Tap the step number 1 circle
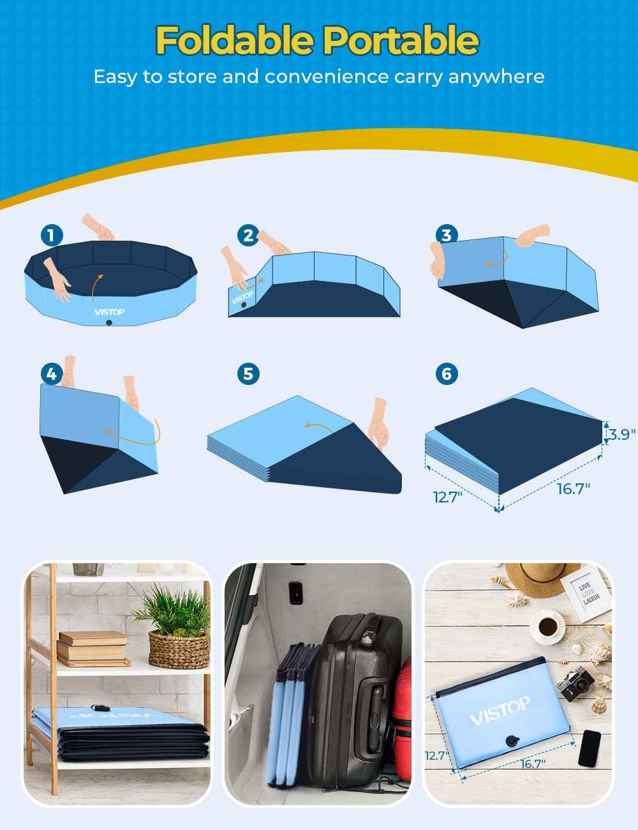51,235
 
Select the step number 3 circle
446,234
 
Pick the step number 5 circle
248,373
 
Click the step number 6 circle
446,373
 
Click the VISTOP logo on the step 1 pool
109,312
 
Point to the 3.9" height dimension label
620,434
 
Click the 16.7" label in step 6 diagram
573,488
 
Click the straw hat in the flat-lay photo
539,578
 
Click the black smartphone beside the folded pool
590,748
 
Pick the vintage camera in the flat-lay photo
575,683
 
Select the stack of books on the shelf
93,649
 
